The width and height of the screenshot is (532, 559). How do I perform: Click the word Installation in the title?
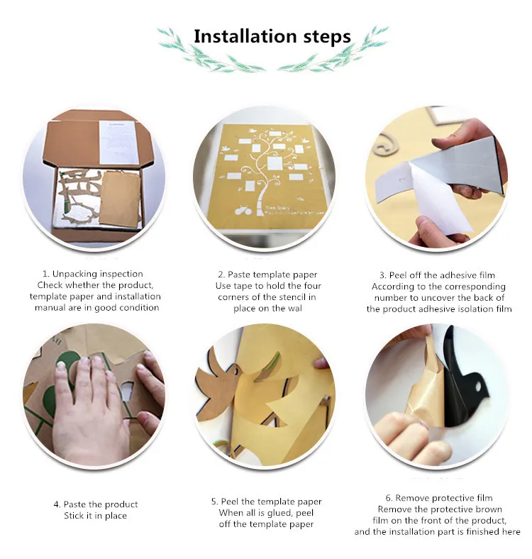tap(245, 36)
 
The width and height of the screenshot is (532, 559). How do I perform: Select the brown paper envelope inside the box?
tap(120, 198)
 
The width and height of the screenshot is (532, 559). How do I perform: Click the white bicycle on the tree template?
tap(243, 211)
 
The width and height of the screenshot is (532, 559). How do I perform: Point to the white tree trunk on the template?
tap(262, 199)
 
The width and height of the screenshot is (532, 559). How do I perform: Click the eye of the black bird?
tap(477, 387)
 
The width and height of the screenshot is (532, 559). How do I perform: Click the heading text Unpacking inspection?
tap(97, 274)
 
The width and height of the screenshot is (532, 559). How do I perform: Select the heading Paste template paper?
tap(272, 275)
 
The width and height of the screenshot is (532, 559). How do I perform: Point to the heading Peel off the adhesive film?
tap(442, 275)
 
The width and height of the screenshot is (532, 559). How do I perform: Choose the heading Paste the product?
tap(101, 504)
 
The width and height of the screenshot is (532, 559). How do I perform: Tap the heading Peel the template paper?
tap(271, 502)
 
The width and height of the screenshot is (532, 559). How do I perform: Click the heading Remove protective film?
tap(443, 498)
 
